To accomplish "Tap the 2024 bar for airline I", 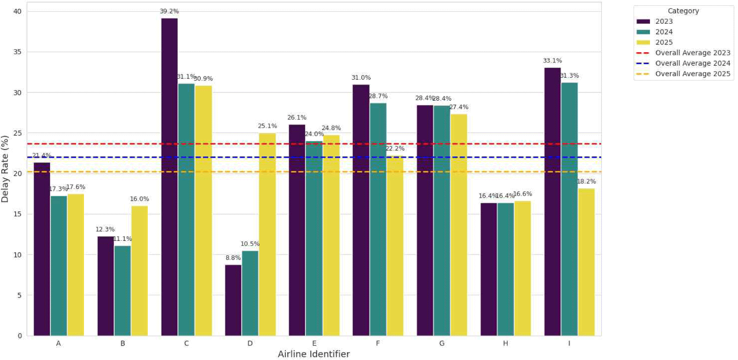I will [569, 209].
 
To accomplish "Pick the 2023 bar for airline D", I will [233, 300].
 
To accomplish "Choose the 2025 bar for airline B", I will [139, 271].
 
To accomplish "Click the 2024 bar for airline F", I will [378, 219].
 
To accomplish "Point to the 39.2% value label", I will [169, 11].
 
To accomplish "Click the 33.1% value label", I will [552, 61].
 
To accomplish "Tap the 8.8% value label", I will [233, 258].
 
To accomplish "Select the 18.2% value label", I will [586, 182].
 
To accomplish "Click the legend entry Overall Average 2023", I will [692, 53].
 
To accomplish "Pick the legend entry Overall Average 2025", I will [692, 74].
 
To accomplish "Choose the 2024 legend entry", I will [664, 32].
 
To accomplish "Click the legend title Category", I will [683, 11].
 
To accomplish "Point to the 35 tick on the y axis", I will [18, 52].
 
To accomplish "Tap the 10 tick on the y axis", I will [18, 255].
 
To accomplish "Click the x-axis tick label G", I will [442, 343].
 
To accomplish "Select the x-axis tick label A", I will [58, 343].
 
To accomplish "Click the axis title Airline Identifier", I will [314, 354].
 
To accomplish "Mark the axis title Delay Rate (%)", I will [5, 169].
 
